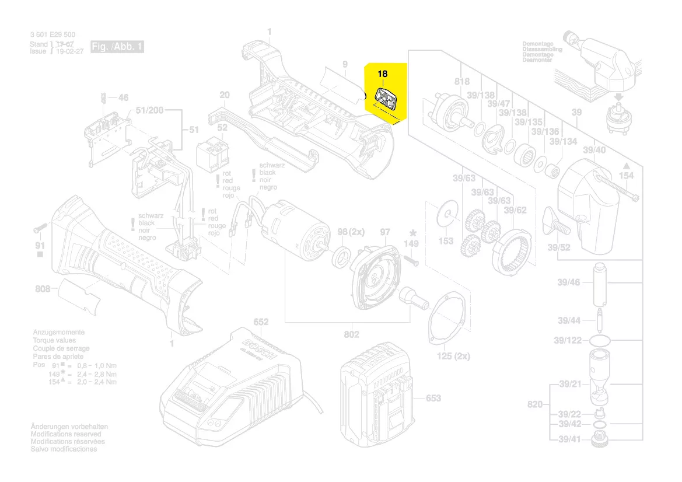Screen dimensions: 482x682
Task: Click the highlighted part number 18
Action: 382,74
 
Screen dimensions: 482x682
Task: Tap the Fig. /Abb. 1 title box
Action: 117,47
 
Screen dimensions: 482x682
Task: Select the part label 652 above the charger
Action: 261,322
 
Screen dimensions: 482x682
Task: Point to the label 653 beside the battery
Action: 433,398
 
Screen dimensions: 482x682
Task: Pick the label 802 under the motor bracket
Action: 351,334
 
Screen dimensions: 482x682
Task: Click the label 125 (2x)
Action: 454,355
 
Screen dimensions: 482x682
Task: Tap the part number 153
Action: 446,240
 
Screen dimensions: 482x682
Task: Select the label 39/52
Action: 559,247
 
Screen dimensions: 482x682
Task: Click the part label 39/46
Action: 568,282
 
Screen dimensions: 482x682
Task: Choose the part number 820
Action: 536,404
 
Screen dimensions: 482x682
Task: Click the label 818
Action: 461,82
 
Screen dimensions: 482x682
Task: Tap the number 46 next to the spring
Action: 123,97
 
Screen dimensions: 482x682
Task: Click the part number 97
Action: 385,232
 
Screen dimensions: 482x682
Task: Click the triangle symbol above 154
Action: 626,165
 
